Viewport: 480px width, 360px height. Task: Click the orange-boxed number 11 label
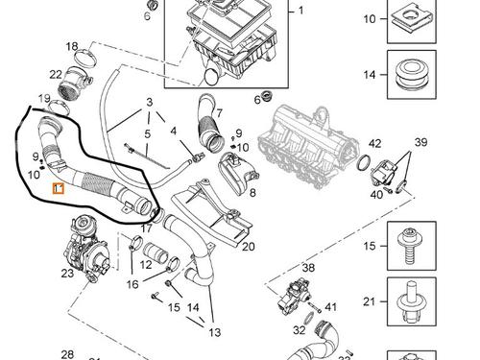click(59, 189)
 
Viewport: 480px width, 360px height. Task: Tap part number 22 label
click(56, 75)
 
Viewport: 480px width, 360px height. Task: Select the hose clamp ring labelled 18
click(85, 58)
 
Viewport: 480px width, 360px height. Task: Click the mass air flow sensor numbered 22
click(76, 83)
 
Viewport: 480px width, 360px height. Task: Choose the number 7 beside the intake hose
click(219, 113)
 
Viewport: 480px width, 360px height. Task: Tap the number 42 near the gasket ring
click(374, 143)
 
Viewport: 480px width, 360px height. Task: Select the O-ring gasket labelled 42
click(364, 163)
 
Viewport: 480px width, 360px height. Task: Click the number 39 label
click(421, 142)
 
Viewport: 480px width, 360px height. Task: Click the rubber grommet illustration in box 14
click(412, 76)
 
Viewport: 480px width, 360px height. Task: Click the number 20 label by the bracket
click(249, 247)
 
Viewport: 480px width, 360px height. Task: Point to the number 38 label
click(308, 268)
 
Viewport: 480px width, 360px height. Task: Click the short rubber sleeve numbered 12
click(156, 252)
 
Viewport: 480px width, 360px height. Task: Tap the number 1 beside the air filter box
click(300, 11)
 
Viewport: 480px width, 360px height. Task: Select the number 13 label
click(215, 332)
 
